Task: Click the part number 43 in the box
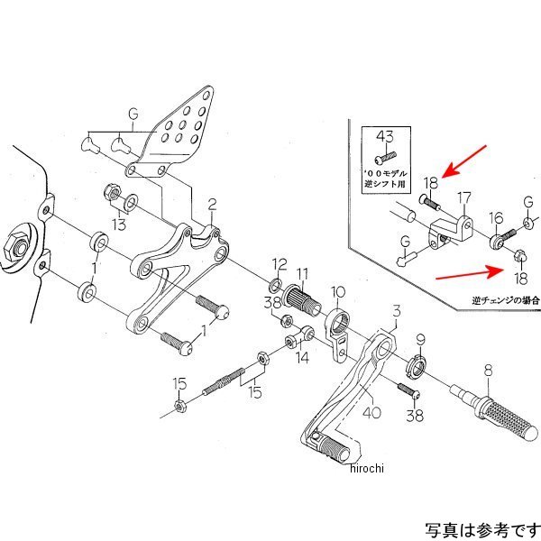pyautogui.click(x=385, y=136)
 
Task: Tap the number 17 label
pyautogui.click(x=464, y=197)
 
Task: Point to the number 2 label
pyautogui.click(x=212, y=204)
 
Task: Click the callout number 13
pyautogui.click(x=119, y=223)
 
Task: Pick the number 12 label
pyautogui.click(x=280, y=263)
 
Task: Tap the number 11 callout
pyautogui.click(x=302, y=273)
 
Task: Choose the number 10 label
pyautogui.click(x=337, y=292)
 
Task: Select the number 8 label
pyautogui.click(x=487, y=368)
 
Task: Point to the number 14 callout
pyautogui.click(x=302, y=357)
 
